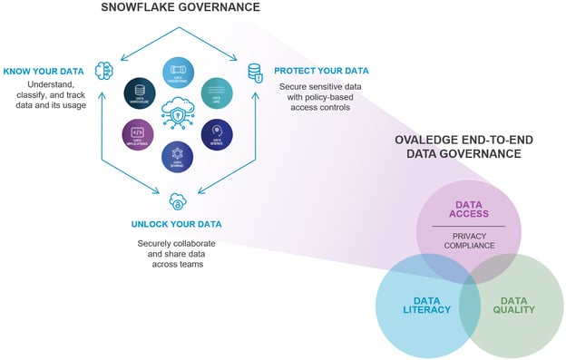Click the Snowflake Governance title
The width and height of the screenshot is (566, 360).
tap(180, 8)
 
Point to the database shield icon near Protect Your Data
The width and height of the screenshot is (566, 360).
tap(255, 71)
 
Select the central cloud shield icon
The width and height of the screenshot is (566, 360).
tap(179, 115)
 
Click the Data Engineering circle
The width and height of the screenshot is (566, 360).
tap(179, 73)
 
